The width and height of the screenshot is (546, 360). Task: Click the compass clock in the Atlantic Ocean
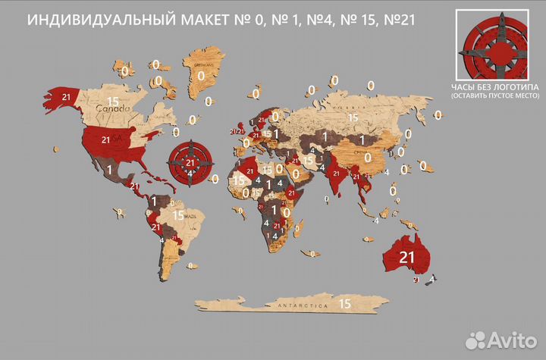190,161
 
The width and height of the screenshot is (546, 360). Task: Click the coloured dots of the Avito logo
476,338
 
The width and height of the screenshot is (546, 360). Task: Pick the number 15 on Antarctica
345,303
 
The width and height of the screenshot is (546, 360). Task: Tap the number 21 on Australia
406,256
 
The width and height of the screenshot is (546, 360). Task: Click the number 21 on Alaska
67,97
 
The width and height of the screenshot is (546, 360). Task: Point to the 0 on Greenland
201,76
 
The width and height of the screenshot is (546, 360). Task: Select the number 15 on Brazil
179,215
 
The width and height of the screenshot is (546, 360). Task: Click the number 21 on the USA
106,140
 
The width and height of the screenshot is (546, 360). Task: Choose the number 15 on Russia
353,117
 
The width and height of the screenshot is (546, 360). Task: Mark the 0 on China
369,157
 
